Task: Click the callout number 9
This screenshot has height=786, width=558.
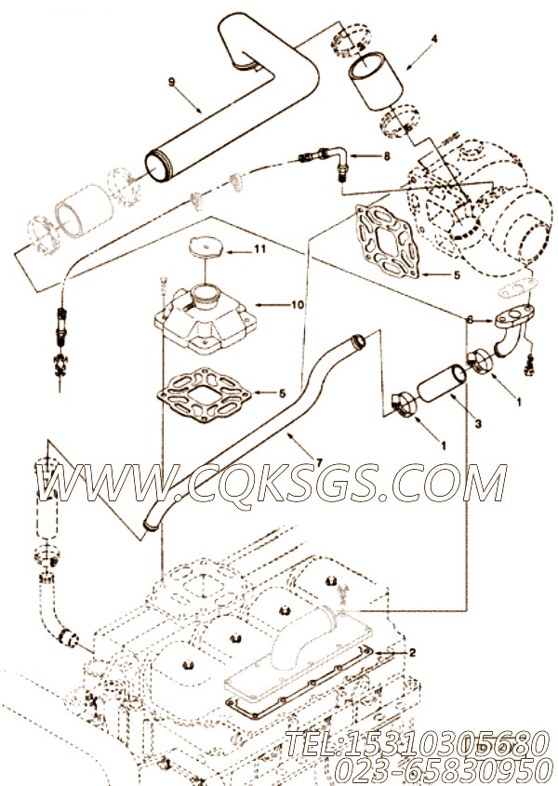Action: point(172,81)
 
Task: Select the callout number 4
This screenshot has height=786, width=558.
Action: point(432,39)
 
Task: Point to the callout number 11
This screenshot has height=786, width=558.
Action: point(260,249)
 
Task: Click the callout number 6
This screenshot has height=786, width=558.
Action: point(471,319)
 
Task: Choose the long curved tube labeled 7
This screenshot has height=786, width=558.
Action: point(251,428)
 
